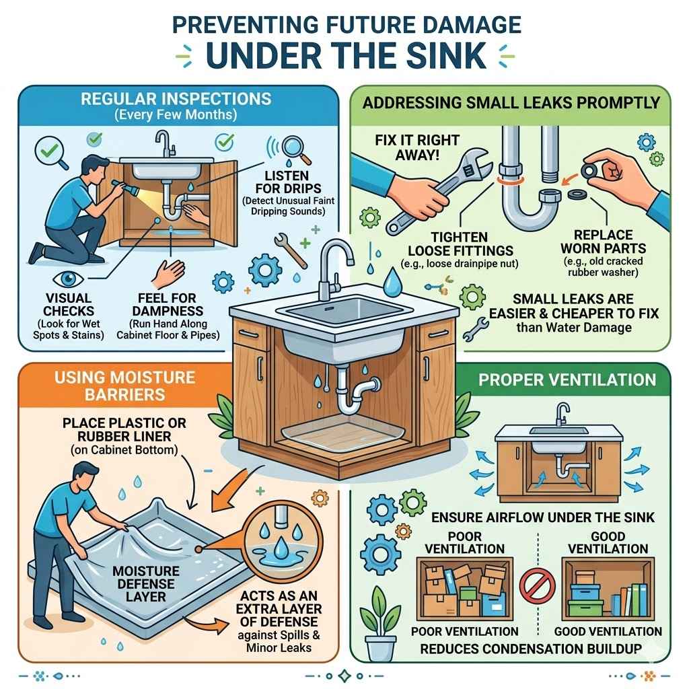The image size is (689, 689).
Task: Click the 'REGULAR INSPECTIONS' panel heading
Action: click(x=176, y=99)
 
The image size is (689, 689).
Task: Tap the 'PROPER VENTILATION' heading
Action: click(x=567, y=379)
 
